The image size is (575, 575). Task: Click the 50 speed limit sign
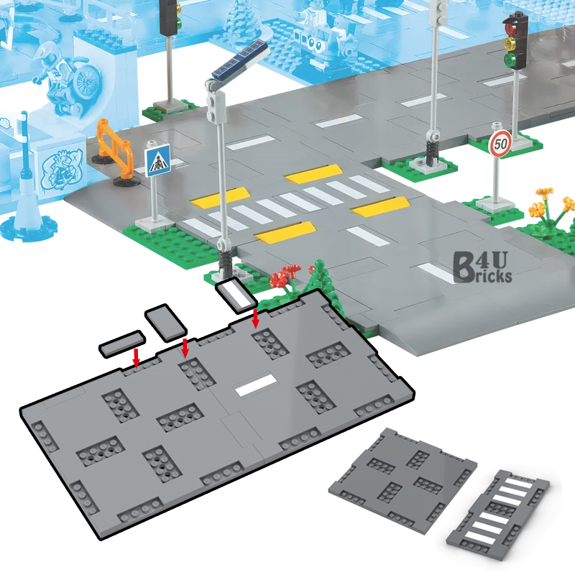pos(500,143)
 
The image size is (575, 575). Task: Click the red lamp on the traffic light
pos(512,29)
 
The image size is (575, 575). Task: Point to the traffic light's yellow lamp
pos(512,44)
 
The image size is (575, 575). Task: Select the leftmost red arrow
pos(137,355)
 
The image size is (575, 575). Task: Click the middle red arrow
pos(185,347)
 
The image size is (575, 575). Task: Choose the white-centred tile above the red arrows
pos(234,295)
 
